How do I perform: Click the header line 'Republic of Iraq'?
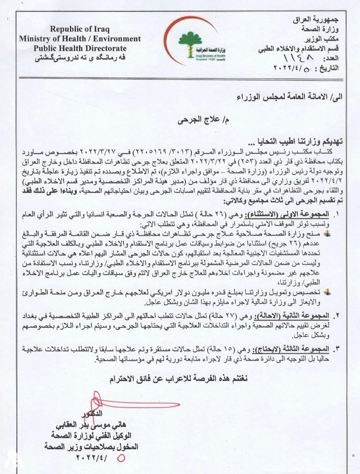click(80, 29)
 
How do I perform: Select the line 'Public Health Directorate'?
click(80, 48)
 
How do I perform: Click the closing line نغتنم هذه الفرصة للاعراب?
click(178, 379)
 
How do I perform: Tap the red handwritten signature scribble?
click(122, 402)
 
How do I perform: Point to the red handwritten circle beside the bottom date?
click(121, 458)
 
